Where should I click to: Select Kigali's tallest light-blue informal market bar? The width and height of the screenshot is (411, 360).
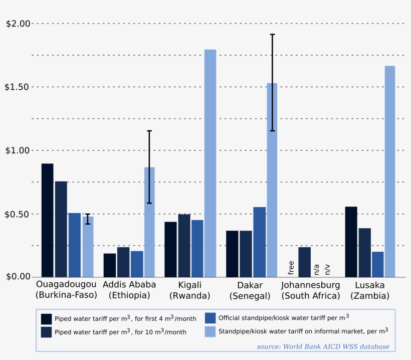[210, 163]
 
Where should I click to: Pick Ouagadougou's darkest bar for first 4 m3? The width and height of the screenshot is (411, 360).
[47, 220]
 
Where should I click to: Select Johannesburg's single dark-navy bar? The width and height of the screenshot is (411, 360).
[304, 262]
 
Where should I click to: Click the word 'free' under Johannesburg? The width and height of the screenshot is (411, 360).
[291, 268]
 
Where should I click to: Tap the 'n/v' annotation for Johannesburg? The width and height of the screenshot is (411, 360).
[327, 270]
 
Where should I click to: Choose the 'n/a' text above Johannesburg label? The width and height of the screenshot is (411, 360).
[316, 270]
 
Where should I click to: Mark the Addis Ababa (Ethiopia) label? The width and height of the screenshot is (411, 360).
[129, 290]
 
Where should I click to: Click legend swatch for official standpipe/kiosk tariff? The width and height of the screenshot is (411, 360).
[211, 318]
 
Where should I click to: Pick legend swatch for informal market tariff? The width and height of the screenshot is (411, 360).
[211, 331]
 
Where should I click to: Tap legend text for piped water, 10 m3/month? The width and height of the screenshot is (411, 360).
[120, 332]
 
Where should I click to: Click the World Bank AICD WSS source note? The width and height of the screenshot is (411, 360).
[323, 346]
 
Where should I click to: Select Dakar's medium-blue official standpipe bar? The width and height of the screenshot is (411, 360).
[259, 242]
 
